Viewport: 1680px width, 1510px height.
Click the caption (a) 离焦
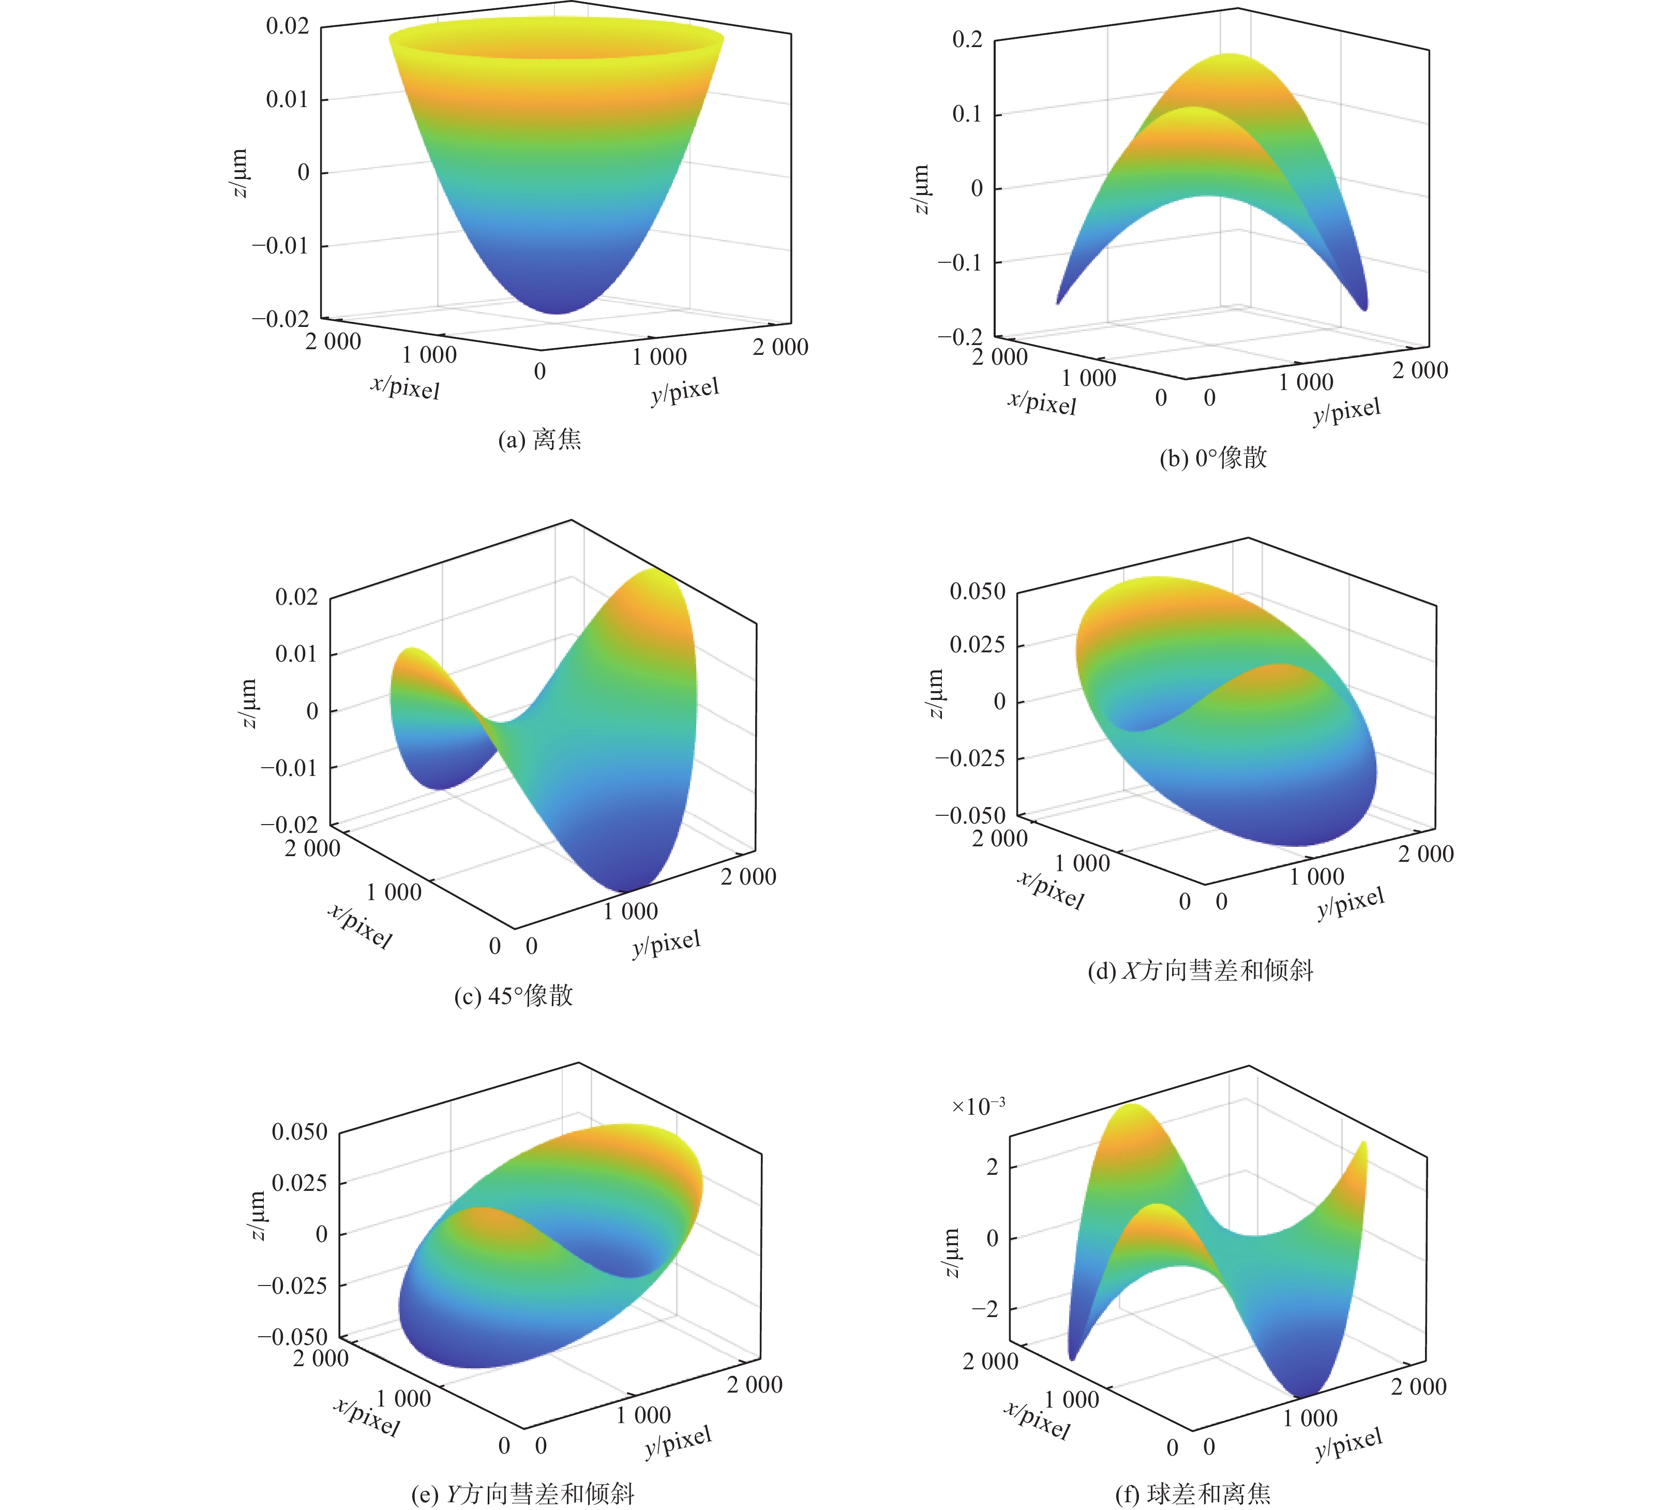point(539,439)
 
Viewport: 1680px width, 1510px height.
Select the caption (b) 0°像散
point(1213,458)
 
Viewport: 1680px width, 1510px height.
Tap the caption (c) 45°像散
point(514,996)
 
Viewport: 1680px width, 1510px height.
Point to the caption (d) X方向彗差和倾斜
point(1201,970)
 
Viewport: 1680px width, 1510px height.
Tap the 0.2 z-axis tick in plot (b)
point(967,40)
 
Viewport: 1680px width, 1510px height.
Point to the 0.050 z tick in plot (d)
point(977,592)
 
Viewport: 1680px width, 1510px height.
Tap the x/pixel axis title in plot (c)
point(360,925)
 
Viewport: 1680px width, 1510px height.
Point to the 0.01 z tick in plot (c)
point(296,654)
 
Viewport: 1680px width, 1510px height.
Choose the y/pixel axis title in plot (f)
point(1349,1444)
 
